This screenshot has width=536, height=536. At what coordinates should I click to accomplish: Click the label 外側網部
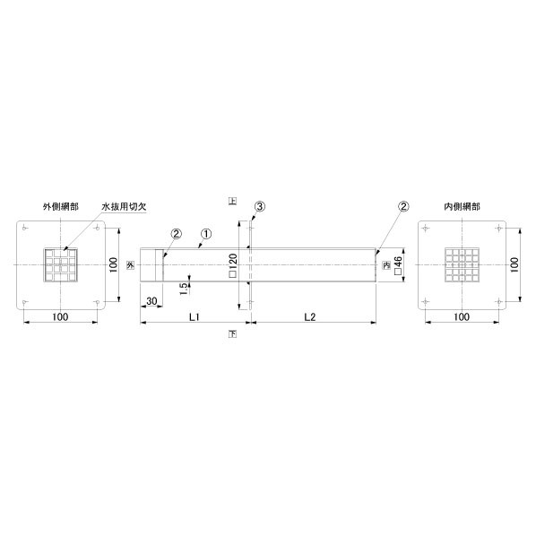61,206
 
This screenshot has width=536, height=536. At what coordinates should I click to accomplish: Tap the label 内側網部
462,206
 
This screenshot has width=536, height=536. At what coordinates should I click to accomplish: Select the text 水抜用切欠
124,206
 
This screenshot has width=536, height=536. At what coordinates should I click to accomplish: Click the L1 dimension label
195,317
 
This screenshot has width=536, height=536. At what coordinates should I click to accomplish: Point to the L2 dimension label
310,317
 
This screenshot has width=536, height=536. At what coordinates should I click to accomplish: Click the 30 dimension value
151,301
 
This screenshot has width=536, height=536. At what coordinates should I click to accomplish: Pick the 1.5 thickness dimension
184,289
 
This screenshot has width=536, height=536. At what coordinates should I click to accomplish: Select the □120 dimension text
233,265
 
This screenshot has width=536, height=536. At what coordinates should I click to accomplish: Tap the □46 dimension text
398,265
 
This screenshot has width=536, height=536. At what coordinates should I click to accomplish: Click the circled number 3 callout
260,206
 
